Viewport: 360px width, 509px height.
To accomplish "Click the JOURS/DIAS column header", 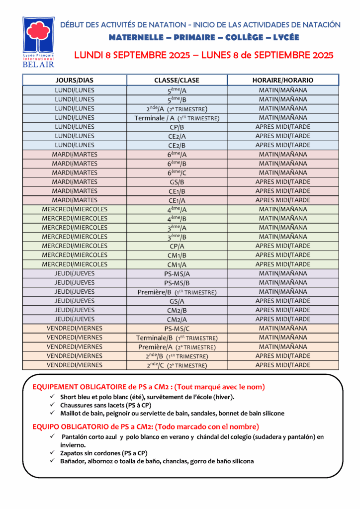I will coord(74,80).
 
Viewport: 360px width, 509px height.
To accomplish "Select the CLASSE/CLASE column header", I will coord(177,80).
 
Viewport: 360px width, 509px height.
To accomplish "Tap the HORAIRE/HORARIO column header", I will coord(282,80).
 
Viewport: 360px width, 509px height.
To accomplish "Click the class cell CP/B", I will coord(177,127).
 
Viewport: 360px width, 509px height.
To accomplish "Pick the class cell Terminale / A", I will coord(177,118).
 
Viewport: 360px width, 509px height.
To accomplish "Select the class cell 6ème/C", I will coord(177,172).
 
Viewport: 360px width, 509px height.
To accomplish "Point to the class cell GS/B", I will coord(177,182).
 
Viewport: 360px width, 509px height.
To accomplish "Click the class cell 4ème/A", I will coord(177,209).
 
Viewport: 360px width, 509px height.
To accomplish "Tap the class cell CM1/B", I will coord(177,255).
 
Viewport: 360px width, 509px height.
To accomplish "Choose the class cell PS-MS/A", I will coord(177,273).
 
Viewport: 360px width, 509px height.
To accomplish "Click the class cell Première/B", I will coord(177,292).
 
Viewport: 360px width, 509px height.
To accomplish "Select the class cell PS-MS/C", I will coord(177,329).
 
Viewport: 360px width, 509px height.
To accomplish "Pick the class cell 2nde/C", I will coord(177,365).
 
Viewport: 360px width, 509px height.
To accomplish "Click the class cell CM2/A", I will coord(177,320).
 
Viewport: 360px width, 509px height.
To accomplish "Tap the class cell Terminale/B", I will coord(177,338).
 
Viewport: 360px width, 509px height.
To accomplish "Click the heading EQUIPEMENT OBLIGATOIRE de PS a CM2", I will coord(148,387).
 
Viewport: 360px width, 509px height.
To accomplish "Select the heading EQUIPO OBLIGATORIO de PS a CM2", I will coord(145,426).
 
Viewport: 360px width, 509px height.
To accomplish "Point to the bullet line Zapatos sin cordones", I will coord(106,453).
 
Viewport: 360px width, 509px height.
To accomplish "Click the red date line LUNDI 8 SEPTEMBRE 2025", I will coord(203,55).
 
